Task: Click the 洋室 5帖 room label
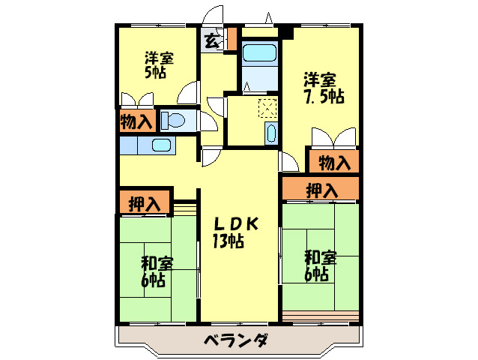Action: pos(159,65)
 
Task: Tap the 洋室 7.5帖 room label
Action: pos(324,88)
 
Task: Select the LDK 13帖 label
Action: pos(235,232)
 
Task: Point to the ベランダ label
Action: pos(236,340)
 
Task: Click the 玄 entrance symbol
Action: pos(211,41)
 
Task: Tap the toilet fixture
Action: pos(173,120)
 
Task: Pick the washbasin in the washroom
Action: pos(270,133)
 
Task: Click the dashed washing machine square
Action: pos(267,108)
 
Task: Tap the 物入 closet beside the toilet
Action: pos(136,121)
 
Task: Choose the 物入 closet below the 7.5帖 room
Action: pos(334,162)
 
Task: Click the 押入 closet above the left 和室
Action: pos(145,203)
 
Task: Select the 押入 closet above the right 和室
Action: pos(321,190)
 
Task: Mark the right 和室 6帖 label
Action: pos(320,265)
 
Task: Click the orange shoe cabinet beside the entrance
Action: pos(232,38)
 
